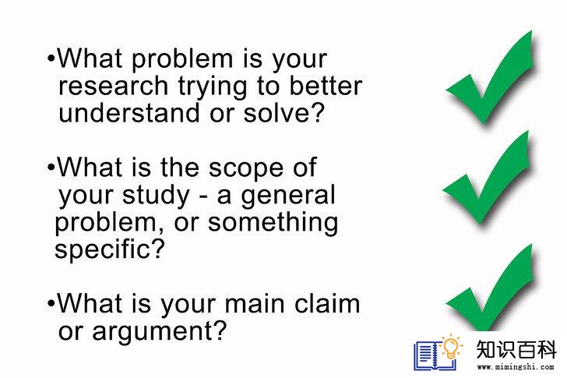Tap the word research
coord(113,86)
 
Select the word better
coord(326,86)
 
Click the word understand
coord(129,112)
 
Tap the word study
coord(156,196)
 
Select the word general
coord(288,196)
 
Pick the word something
coord(273,222)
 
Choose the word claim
coord(327,303)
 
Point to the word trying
coord(212,87)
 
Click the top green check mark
coord(491,78)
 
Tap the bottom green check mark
coord(491,288)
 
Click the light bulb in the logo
coord(451,345)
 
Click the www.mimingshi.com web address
coord(516,367)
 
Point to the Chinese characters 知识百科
coord(516,350)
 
